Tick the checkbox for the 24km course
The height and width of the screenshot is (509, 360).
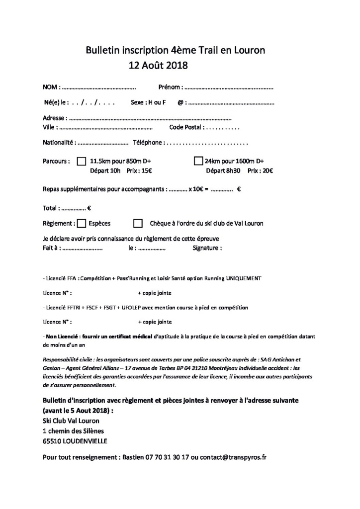click(x=198, y=161)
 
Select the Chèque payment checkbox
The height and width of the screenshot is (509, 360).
click(x=138, y=223)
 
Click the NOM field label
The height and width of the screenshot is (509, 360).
click(x=51, y=87)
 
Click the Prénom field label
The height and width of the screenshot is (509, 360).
click(x=169, y=87)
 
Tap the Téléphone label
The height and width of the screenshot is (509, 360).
click(x=148, y=143)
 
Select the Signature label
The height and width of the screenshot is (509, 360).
click(x=206, y=248)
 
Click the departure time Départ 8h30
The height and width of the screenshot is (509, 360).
click(x=223, y=170)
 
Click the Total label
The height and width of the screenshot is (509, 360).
click(x=52, y=208)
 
